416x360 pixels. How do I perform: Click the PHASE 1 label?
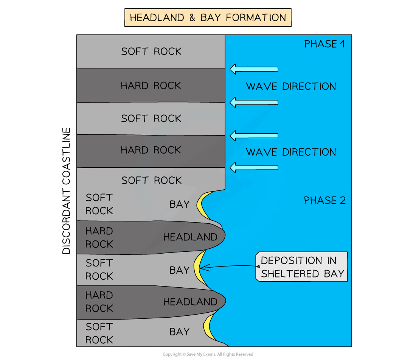[324, 44]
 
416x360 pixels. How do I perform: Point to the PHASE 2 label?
[324, 200]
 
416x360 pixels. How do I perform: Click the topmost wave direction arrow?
[254, 69]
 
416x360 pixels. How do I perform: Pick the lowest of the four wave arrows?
[254, 167]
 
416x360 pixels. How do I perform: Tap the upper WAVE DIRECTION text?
[291, 86]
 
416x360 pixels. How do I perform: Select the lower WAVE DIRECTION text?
[291, 152]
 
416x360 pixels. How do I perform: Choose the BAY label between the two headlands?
[179, 270]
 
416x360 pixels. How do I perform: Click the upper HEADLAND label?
[190, 237]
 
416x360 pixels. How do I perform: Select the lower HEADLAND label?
[190, 302]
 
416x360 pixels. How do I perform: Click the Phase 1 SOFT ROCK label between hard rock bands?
[151, 118]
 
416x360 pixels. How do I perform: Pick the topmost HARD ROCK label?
[151, 86]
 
